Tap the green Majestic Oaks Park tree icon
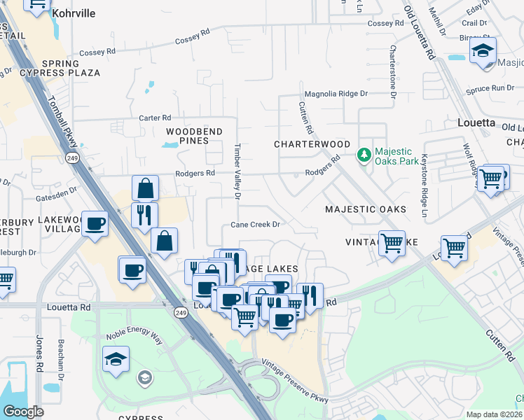tap(364, 155)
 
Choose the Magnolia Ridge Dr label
tap(336, 94)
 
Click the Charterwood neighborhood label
tap(312, 144)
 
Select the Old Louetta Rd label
tap(420, 33)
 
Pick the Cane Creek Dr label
tap(256, 225)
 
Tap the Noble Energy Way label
tap(134, 335)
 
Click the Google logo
tap(23, 412)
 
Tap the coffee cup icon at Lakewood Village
tap(95, 224)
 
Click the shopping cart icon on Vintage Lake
tap(392, 244)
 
